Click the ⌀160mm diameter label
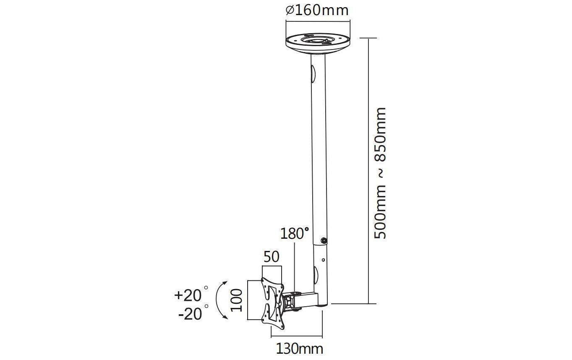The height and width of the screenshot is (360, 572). pos(317,10)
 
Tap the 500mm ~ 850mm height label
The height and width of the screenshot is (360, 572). pos(380,173)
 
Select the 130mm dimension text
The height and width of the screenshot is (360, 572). pos(300,349)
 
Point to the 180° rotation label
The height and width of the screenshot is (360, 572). pos(295,233)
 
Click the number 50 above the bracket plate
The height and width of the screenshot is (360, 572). pos(272,257)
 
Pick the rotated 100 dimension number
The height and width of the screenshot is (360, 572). pos(236,300)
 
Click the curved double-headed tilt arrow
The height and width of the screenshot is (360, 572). pos(217,300)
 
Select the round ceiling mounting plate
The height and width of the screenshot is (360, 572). pos(318,43)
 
